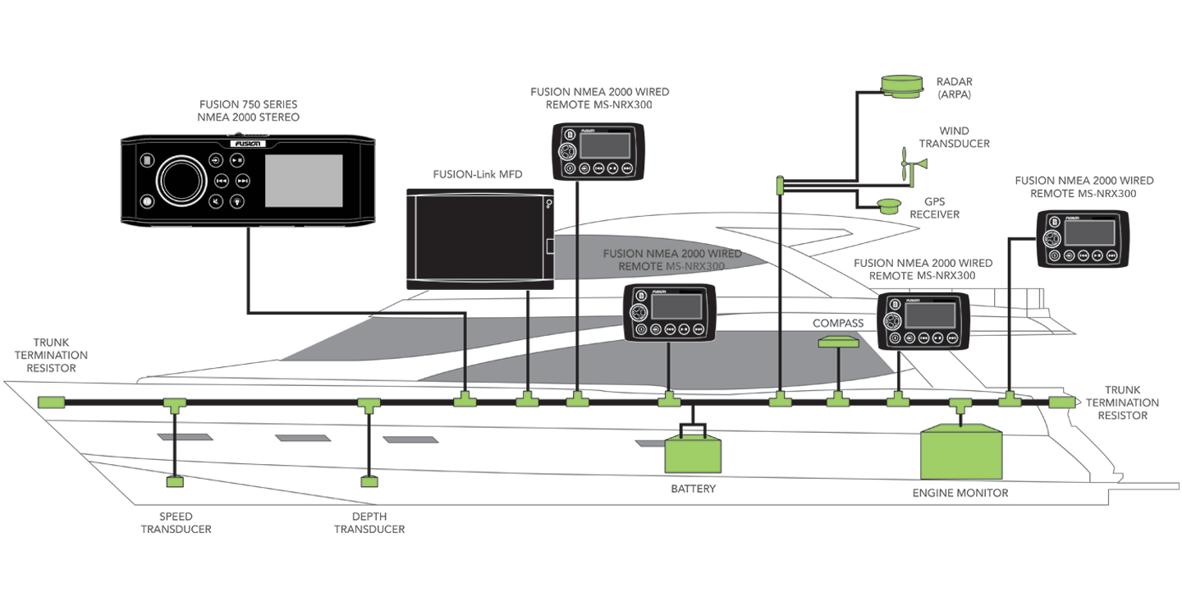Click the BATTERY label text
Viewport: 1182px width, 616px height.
click(x=694, y=489)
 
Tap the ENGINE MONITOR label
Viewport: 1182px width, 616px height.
click(x=960, y=493)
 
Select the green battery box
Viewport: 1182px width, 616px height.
click(x=694, y=453)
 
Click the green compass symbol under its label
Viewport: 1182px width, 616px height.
click(x=839, y=341)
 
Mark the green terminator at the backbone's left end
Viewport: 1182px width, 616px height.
click(x=51, y=402)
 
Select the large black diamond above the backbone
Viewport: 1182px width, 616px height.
click(x=1008, y=361)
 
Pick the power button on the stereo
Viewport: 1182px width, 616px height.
click(x=146, y=200)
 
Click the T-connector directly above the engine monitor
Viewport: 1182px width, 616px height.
click(x=960, y=403)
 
